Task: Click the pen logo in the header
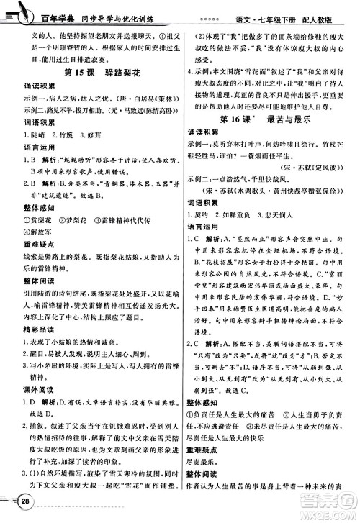[22, 12]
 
